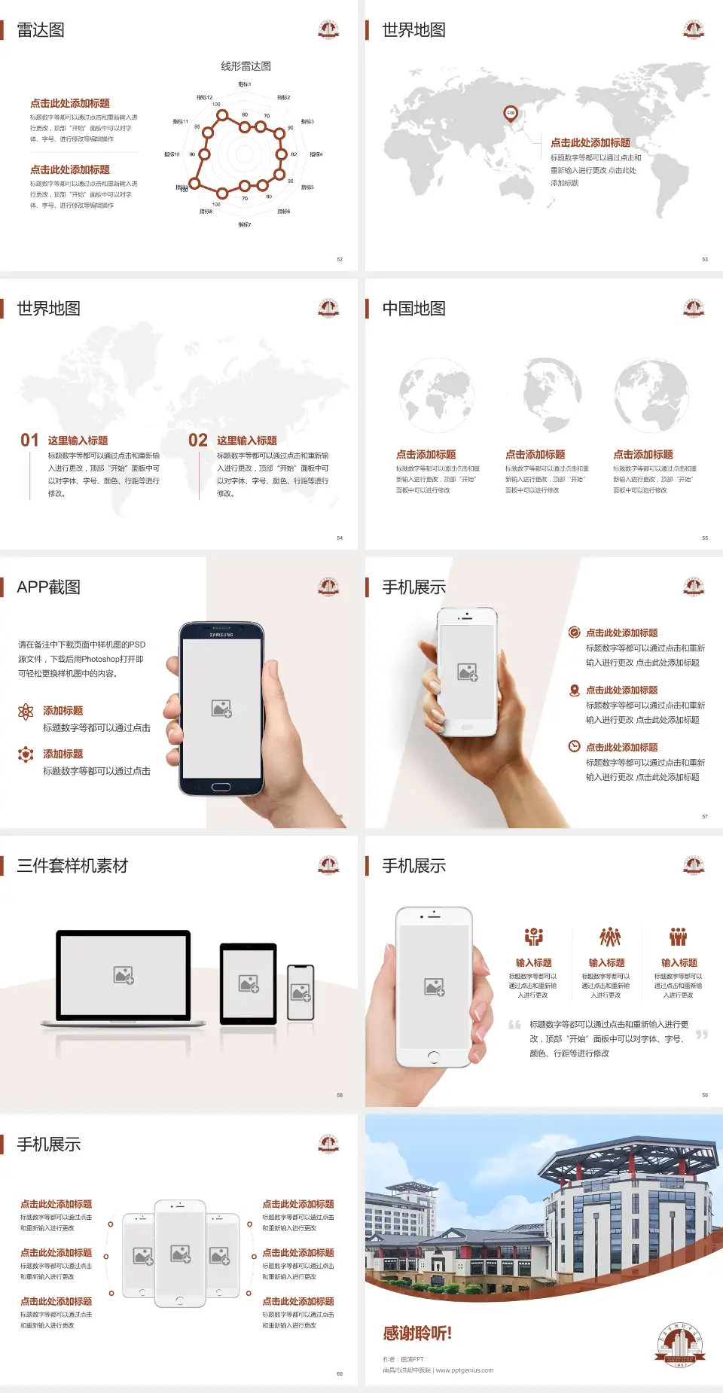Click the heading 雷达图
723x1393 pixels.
[x=41, y=30]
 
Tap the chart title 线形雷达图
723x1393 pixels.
[x=246, y=66]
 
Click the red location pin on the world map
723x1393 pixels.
[x=511, y=114]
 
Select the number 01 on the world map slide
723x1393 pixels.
[x=29, y=440]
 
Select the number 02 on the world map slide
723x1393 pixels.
[x=198, y=440]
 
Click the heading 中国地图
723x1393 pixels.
[x=413, y=309]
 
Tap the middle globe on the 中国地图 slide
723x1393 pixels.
[x=543, y=395]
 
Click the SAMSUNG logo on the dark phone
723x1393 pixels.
[x=221, y=635]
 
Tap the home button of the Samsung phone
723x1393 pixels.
[x=221, y=787]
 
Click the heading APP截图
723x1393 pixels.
[x=49, y=587]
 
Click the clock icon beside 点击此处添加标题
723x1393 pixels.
[x=574, y=746]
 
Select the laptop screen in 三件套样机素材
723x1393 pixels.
[x=124, y=975]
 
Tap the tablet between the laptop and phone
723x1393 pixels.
[x=248, y=983]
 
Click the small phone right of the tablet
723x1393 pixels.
[x=300, y=992]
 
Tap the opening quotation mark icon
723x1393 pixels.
[x=515, y=1025]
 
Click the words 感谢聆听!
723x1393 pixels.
[x=417, y=1334]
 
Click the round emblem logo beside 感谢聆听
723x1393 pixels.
[x=679, y=1346]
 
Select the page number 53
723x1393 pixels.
[x=705, y=259]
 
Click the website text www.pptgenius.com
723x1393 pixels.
[x=465, y=1370]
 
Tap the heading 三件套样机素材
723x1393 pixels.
[x=72, y=866]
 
